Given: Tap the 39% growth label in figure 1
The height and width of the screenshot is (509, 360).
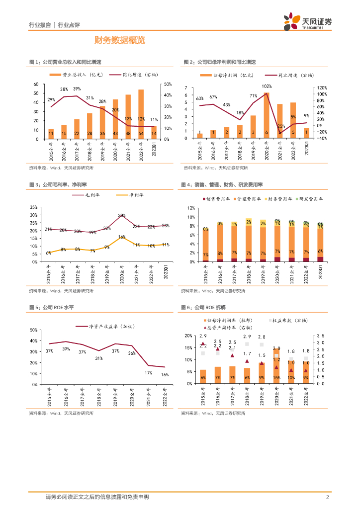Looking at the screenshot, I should pos(77,89).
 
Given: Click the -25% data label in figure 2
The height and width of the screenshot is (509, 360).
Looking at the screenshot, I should pos(280,126).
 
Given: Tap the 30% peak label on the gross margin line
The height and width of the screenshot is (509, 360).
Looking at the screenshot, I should pos(121,215).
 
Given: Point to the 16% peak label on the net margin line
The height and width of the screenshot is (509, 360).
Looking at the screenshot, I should pos(121,238).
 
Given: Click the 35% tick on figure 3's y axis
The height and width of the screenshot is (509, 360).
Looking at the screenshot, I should pos(33,207).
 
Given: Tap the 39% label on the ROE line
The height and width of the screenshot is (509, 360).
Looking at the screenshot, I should pos(66,349).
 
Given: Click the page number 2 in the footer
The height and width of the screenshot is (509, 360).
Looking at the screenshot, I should pos(327,497).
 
